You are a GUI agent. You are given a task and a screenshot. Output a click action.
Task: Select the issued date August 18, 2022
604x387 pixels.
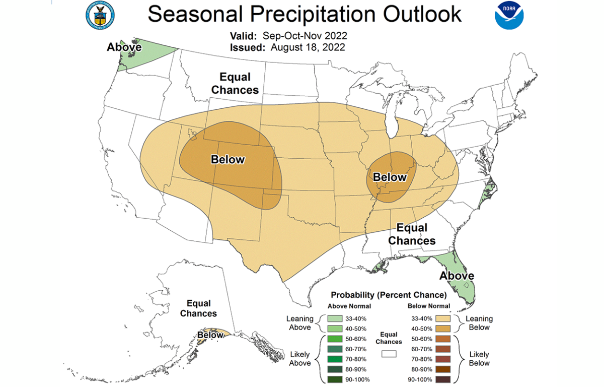pyautogui.click(x=308, y=48)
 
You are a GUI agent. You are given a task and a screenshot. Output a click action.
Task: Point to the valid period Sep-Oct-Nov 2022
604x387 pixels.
pyautogui.click(x=305, y=36)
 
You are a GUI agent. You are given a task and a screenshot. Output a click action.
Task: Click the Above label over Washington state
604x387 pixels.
pyautogui.click(x=124, y=47)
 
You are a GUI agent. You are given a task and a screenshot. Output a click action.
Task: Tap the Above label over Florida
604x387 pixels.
pyautogui.click(x=457, y=276)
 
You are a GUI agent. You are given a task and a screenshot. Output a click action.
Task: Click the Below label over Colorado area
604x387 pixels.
pyautogui.click(x=228, y=160)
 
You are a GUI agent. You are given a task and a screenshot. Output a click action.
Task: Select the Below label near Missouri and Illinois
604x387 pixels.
pyautogui.click(x=390, y=177)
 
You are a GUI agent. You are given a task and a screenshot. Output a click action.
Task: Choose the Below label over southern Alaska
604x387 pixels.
pyautogui.click(x=210, y=335)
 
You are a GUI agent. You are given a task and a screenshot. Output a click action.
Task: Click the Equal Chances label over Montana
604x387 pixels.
pyautogui.click(x=235, y=84)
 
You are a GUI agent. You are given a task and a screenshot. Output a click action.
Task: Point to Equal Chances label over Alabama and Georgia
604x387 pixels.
pyautogui.click(x=412, y=234)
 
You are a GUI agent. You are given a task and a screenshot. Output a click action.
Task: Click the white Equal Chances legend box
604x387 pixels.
pyautogui.click(x=389, y=354)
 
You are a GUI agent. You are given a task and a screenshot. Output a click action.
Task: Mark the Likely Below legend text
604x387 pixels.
pyautogui.click(x=479, y=358)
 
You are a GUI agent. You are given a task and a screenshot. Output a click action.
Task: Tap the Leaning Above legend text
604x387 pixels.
pyautogui.click(x=300, y=323)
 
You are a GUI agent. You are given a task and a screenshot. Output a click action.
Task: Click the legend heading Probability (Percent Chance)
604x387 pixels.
pyautogui.click(x=389, y=294)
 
